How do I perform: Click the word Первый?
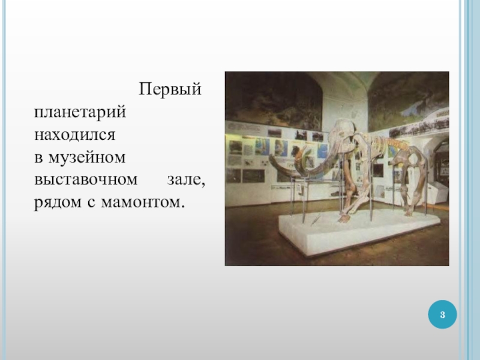(x=170, y=89)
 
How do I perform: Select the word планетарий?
(x=80, y=112)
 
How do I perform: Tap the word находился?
(x=74, y=134)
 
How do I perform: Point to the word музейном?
(x=87, y=157)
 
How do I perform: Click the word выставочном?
(x=86, y=179)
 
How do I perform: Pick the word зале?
(x=186, y=179)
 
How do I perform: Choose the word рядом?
(x=58, y=203)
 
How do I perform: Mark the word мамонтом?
(x=143, y=202)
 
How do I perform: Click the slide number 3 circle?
(x=442, y=314)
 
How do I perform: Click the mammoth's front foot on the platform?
(x=344, y=218)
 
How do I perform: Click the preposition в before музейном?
(x=38, y=158)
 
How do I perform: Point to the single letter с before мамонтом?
(x=91, y=203)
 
